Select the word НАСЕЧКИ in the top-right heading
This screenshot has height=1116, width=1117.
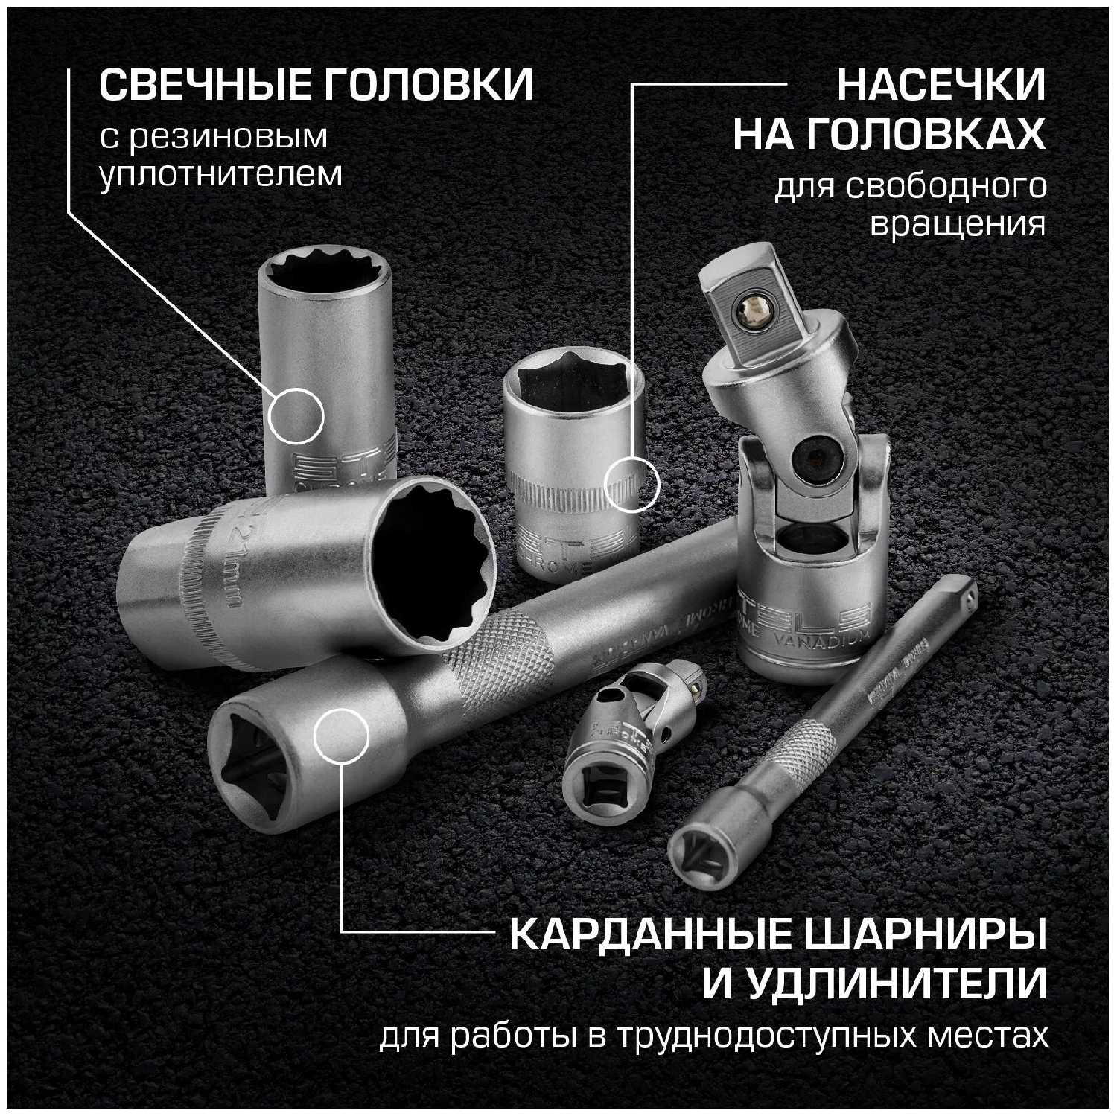(x=941, y=86)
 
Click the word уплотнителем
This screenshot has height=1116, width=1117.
(x=221, y=174)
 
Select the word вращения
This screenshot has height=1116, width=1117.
(x=958, y=224)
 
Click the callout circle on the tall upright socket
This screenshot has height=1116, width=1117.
(x=296, y=415)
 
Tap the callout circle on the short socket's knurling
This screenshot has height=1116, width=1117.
(x=631, y=485)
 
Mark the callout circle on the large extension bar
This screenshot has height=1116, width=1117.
(x=342, y=736)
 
